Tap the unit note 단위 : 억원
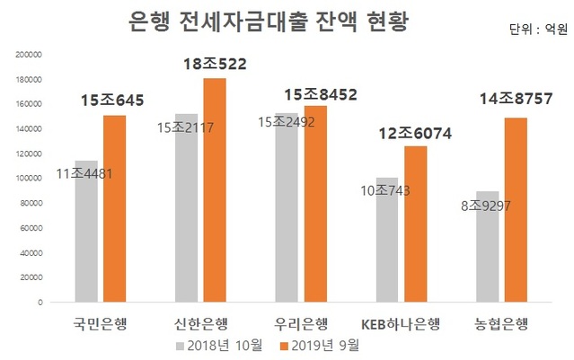click(x=536, y=29)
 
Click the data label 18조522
click(x=216, y=64)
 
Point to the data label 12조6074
click(x=414, y=134)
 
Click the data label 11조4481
click(x=87, y=173)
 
